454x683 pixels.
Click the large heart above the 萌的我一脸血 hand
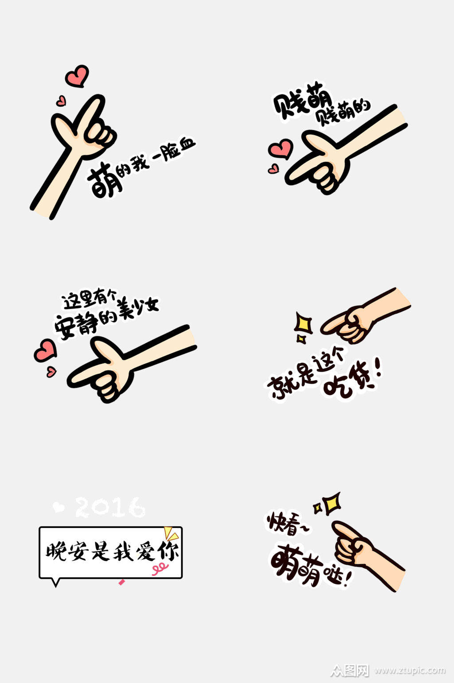77,76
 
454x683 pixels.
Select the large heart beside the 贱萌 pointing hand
281,149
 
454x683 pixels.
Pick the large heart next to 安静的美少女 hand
45,350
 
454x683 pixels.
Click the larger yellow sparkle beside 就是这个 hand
303,323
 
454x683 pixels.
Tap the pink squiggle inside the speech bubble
160,568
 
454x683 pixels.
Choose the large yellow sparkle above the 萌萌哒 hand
331,503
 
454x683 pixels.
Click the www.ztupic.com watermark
410,670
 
